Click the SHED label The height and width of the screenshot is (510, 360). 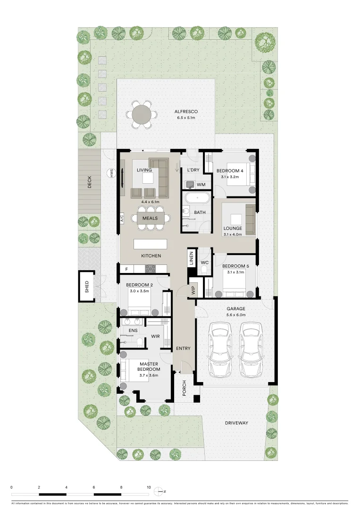point(86,287)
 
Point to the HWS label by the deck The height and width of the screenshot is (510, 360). point(112,173)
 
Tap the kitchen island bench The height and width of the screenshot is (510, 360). point(151,244)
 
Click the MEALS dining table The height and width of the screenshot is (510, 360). point(151,218)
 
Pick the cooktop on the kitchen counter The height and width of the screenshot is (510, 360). point(151,268)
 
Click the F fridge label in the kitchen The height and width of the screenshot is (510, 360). point(126,269)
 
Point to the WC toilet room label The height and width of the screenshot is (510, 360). point(205,262)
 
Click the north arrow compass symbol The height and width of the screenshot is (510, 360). point(162,491)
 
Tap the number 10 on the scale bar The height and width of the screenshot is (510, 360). point(149,487)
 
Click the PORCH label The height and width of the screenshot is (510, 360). point(184,389)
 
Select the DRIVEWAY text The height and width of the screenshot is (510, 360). point(236,423)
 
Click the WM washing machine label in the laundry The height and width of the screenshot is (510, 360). point(201,184)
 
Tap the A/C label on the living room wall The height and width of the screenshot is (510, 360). point(121,218)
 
